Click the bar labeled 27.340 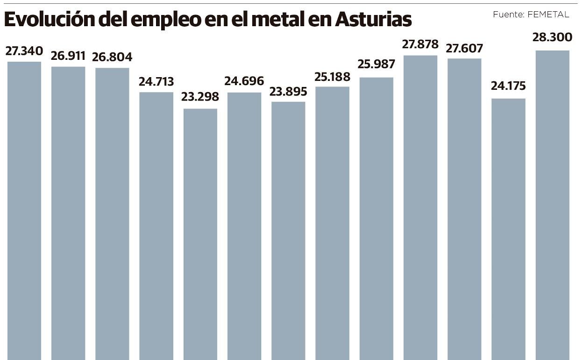(x=24, y=210)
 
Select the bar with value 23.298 (x=200, y=234)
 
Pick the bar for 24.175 (x=508, y=229)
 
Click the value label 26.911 (x=68, y=56)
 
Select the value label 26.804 (x=112, y=57)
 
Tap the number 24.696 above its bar (x=244, y=81)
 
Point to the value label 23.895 (x=288, y=92)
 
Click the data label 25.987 (x=376, y=64)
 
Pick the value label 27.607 (x=464, y=48)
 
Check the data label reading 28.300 (x=552, y=36)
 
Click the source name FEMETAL (x=548, y=14)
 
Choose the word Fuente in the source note (x=508, y=14)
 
